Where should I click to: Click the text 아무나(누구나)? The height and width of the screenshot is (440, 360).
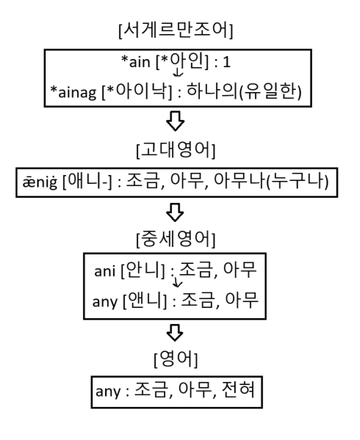[x=289, y=181]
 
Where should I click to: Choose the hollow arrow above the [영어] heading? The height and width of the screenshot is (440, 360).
[x=176, y=333]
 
